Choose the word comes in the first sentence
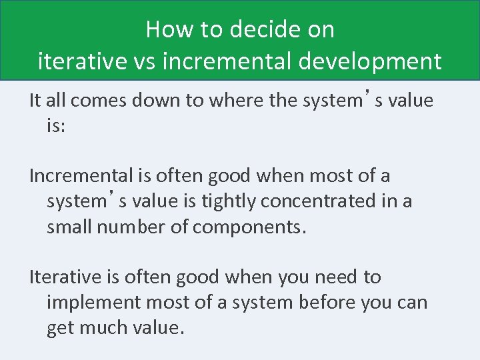tap(95, 101)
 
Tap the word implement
tap(94, 302)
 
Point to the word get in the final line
tap(61, 329)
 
